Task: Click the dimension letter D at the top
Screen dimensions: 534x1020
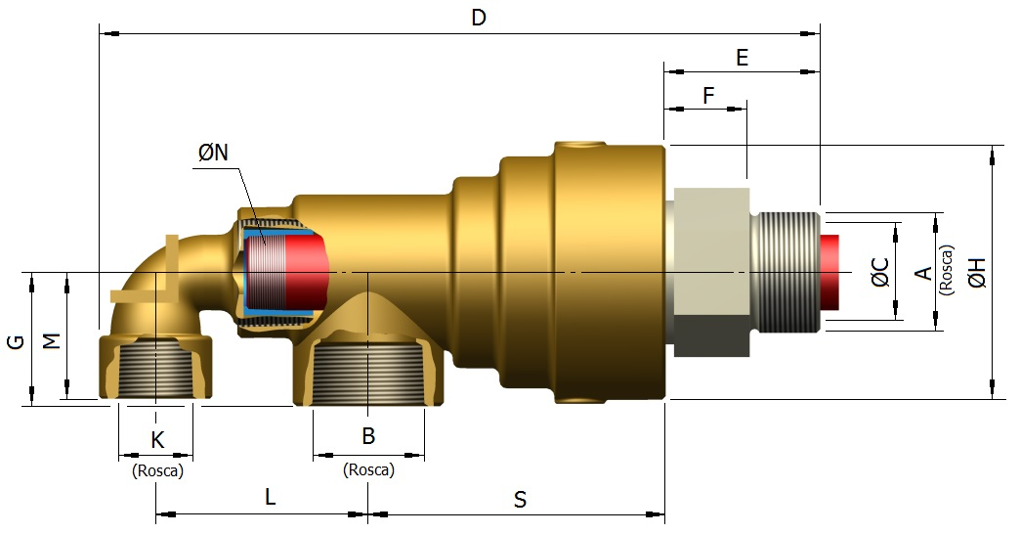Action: click(478, 18)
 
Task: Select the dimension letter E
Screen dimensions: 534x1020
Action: click(742, 57)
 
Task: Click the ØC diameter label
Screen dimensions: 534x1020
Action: click(880, 272)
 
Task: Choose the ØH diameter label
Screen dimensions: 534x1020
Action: click(977, 272)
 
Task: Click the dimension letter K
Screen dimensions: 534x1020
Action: click(157, 439)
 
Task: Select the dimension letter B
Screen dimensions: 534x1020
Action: click(368, 436)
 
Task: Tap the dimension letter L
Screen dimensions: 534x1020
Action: click(271, 497)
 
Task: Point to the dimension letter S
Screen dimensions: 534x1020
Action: click(520, 500)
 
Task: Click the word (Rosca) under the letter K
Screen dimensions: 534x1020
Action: click(157, 470)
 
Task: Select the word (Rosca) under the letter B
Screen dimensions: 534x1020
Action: click(368, 469)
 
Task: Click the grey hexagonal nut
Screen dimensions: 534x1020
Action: click(710, 266)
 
